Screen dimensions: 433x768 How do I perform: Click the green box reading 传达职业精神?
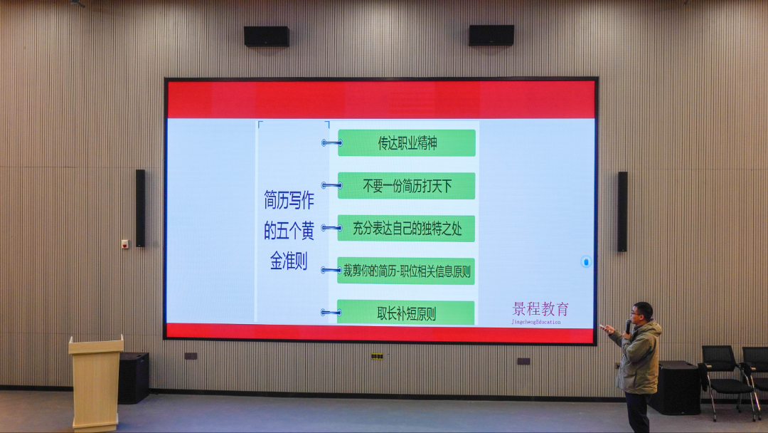click(406, 143)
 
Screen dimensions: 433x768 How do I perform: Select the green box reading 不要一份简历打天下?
click(406, 186)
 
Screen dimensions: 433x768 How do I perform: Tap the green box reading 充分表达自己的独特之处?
click(406, 229)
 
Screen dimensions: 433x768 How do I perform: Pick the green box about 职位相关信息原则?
click(406, 271)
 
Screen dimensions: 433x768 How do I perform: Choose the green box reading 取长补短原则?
click(406, 313)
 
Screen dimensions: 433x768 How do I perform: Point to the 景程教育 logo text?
click(540, 310)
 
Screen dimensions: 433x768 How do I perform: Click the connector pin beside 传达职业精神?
click(331, 143)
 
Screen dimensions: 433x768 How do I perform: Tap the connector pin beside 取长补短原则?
click(331, 312)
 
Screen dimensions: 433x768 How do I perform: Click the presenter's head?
click(641, 312)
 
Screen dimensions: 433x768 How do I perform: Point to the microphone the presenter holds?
click(628, 326)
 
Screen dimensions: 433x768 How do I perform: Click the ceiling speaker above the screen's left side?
click(266, 36)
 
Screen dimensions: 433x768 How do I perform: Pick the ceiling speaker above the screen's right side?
click(491, 36)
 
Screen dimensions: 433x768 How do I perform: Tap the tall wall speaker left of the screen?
click(140, 208)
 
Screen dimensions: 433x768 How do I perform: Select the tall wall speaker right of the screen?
click(622, 211)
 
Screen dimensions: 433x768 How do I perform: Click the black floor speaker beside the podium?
click(134, 377)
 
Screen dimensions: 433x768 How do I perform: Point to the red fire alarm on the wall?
click(124, 244)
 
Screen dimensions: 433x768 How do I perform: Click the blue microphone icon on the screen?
click(586, 262)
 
